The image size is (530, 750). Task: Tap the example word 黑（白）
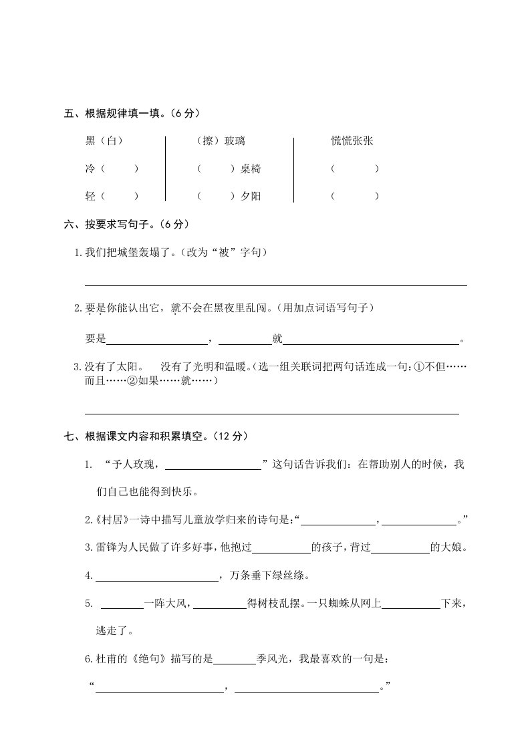[x=104, y=141]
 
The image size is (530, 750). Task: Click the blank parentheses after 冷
[x=120, y=169]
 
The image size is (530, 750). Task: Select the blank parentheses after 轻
[x=120, y=197]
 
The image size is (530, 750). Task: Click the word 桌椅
[x=251, y=169]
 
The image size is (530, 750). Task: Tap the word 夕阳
[x=251, y=197]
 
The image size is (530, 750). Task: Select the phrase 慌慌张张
[x=352, y=141]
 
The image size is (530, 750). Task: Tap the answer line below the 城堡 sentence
[x=275, y=285]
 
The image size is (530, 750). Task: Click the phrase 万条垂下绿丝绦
[x=268, y=576]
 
